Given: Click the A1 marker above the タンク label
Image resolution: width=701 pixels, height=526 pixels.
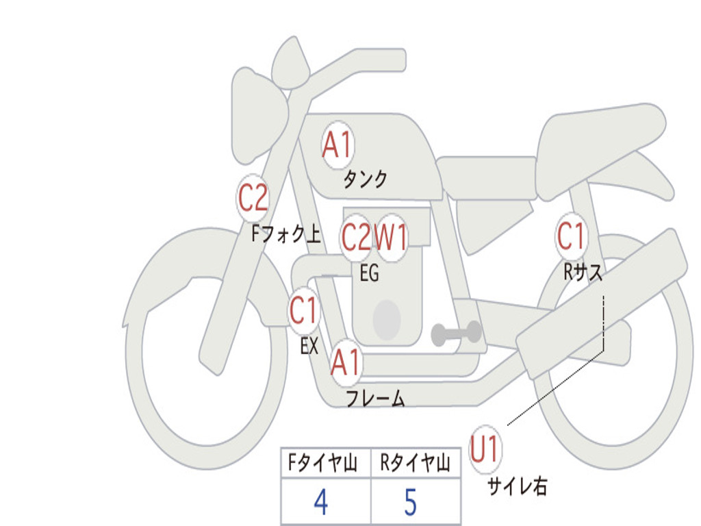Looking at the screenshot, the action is tap(337, 145).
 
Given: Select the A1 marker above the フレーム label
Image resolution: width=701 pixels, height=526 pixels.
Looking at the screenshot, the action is tap(346, 362).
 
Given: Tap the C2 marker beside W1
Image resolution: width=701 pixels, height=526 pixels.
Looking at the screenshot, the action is tap(356, 238).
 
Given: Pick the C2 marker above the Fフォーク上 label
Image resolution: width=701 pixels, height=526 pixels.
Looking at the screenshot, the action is tap(253, 199).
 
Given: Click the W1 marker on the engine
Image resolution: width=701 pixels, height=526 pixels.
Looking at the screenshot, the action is tap(392, 238).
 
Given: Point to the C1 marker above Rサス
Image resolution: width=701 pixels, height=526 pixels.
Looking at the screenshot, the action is tap(571, 236).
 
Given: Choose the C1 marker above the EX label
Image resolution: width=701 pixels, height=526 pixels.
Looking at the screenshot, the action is tap(303, 312).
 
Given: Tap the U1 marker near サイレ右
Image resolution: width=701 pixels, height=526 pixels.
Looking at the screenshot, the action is tap(485, 451).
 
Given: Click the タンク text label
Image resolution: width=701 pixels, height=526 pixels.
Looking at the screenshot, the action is tap(365, 179).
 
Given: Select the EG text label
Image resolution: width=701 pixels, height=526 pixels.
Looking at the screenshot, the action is tap(369, 273).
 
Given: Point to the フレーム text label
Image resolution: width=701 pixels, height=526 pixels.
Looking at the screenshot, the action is tap(375, 399).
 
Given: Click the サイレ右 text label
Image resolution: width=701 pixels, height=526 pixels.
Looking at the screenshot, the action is tap(518, 486).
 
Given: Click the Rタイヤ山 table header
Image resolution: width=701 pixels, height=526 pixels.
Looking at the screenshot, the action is tap(416, 464).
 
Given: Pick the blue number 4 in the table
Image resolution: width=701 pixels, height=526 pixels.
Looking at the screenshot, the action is tap(320, 503).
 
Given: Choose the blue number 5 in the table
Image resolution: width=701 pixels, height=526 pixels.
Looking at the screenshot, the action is tap(411, 503).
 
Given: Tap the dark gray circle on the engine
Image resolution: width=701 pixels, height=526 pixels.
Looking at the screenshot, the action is tap(387, 319).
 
